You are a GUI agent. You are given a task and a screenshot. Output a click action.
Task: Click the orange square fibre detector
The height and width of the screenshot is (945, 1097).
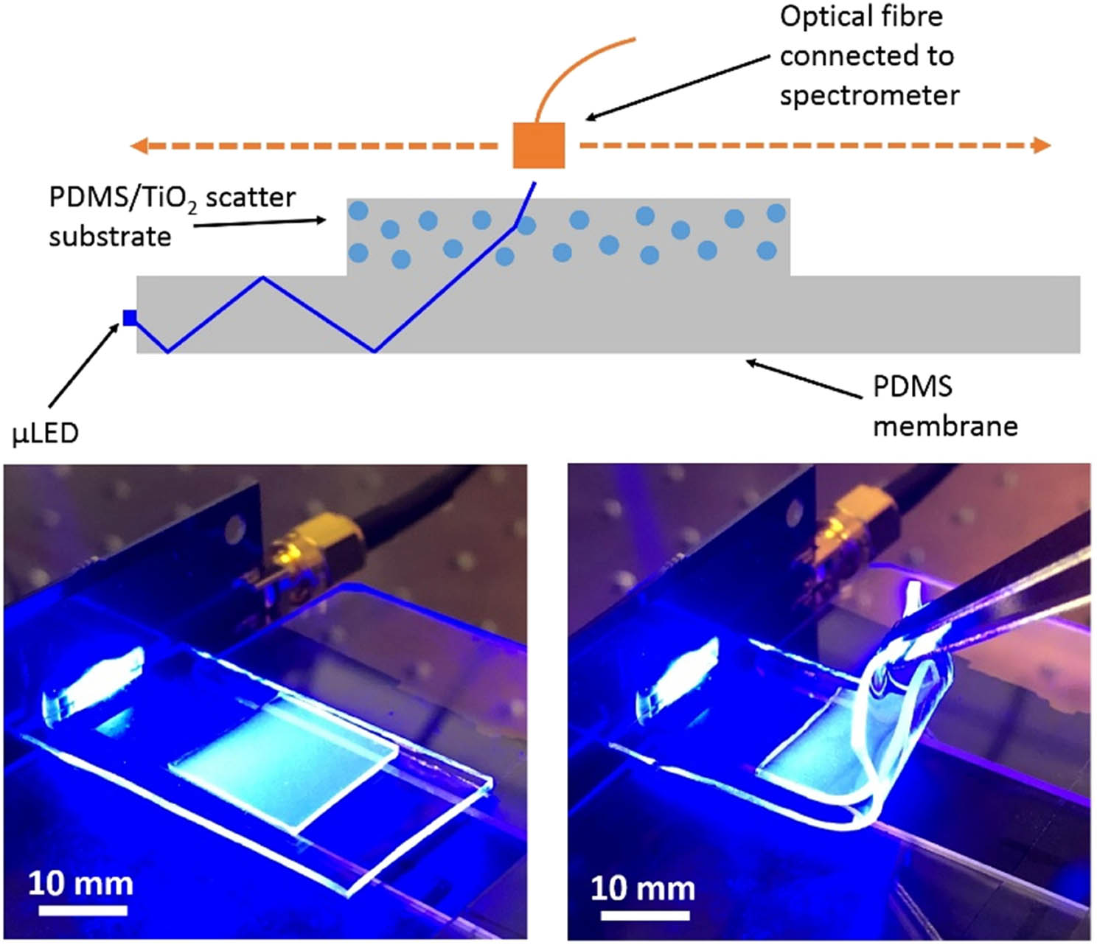coord(538,145)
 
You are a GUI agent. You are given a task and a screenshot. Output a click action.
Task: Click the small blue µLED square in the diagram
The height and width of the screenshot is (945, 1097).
coord(130,318)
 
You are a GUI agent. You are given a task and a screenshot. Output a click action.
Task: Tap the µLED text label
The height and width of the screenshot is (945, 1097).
coord(45,433)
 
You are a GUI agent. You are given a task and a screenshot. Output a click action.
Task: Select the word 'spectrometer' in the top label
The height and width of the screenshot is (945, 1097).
coord(869,96)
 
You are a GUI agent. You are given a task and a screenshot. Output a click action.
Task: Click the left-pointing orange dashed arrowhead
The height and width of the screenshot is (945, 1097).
coord(139,146)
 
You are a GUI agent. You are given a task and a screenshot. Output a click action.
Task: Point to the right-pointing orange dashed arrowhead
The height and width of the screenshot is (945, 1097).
coord(1041,145)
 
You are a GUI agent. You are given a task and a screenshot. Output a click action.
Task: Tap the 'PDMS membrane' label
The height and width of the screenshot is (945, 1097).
coord(944,406)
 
